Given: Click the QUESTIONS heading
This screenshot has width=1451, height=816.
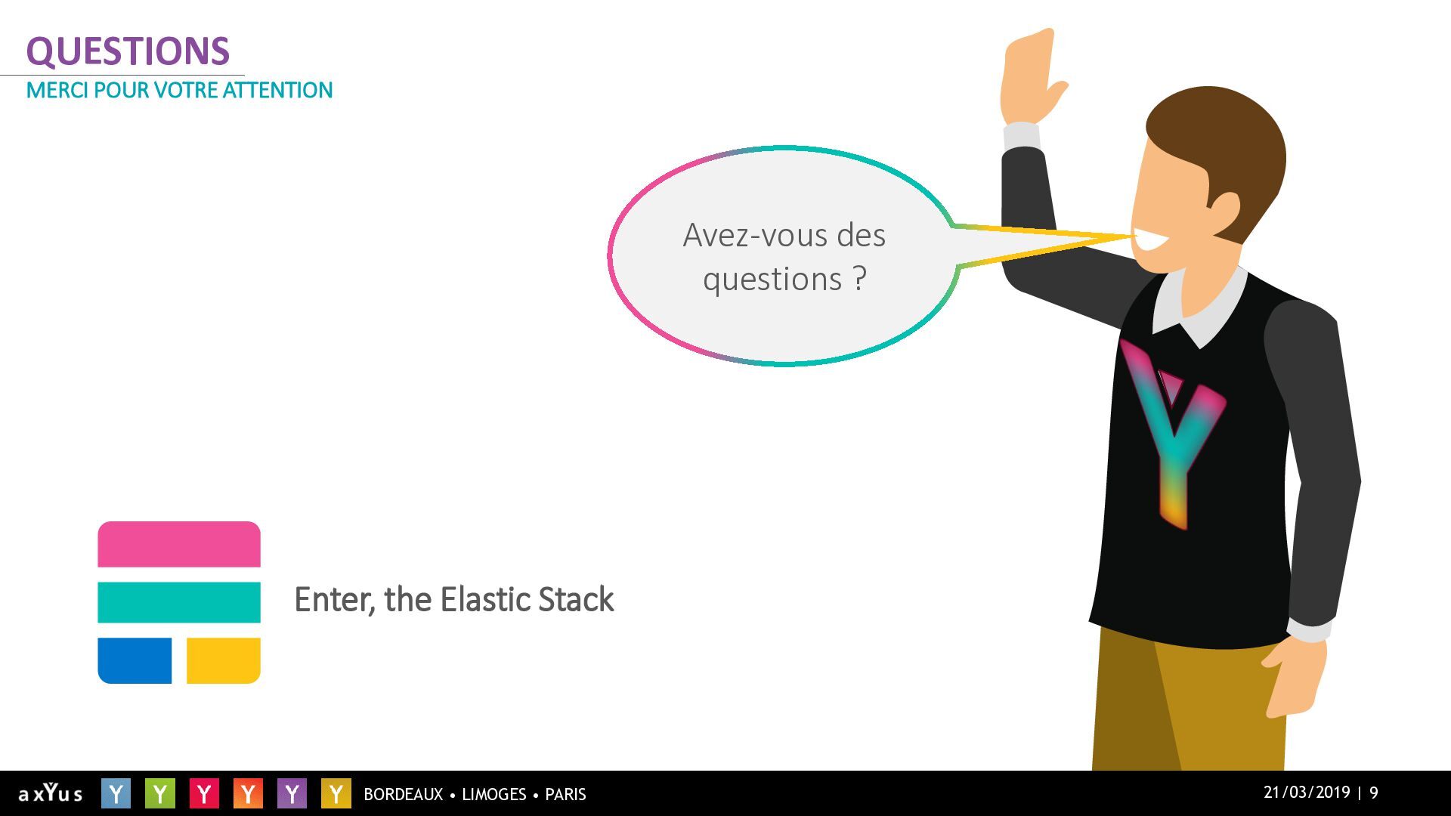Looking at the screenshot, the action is tap(128, 51).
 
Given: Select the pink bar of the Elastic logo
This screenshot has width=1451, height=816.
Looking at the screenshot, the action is tap(179, 544).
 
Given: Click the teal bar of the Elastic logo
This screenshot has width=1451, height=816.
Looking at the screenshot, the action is tap(179, 602).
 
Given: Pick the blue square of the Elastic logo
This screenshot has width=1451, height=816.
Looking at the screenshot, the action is tap(135, 660).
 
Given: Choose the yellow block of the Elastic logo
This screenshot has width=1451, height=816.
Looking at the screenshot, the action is tap(224, 660).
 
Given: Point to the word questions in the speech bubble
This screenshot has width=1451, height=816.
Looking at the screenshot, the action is tap(772, 280).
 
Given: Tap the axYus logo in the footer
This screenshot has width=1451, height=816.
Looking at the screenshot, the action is tap(50, 793).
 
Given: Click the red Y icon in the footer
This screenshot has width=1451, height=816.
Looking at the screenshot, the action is tap(203, 793).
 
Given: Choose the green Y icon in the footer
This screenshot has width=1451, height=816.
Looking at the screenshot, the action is tap(159, 793).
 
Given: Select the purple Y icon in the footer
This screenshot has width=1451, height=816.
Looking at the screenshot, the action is tap(292, 793).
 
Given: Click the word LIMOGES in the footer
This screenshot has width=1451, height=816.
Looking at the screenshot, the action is tap(493, 794).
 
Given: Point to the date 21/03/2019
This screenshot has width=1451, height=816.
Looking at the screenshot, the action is tap(1307, 793).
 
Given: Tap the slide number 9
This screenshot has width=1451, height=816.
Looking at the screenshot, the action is tap(1374, 793).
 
